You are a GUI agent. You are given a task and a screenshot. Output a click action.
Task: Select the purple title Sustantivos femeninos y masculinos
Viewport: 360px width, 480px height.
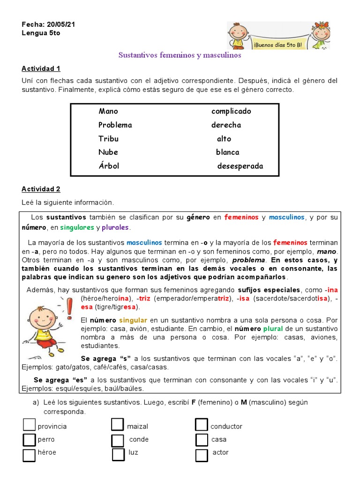coord(180,55)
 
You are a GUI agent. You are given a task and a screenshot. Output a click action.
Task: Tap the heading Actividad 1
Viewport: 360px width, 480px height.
coord(41,68)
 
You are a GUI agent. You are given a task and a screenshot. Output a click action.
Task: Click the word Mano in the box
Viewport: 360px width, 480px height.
coord(108,111)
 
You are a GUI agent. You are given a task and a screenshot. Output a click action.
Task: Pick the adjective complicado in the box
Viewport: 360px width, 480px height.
coord(231,111)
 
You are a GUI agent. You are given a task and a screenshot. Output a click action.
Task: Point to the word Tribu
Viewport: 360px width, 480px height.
coord(108,139)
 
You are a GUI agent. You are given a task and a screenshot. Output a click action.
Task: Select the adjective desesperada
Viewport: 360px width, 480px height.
coord(240,166)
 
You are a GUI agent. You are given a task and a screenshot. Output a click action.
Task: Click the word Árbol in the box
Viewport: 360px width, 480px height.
coord(109,166)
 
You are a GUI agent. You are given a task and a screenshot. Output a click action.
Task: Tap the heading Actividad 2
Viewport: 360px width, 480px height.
coord(41,189)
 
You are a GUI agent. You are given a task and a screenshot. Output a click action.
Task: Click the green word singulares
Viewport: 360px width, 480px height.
coord(77,227)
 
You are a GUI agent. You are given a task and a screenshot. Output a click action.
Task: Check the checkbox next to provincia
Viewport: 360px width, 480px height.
coord(29,425)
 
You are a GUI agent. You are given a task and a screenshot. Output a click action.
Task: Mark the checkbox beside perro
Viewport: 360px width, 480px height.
coord(29,440)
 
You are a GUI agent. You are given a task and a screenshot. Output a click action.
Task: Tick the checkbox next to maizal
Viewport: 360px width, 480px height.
coord(117,425)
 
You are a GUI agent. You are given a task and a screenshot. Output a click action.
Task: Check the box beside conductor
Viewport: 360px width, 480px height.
coord(202,425)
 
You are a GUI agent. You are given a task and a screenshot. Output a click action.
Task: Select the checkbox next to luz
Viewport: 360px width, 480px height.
coord(118,455)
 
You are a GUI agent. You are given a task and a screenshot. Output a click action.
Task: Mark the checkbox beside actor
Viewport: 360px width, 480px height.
coord(202,455)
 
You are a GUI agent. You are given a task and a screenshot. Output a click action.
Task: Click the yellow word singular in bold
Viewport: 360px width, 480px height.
coord(133,320)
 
